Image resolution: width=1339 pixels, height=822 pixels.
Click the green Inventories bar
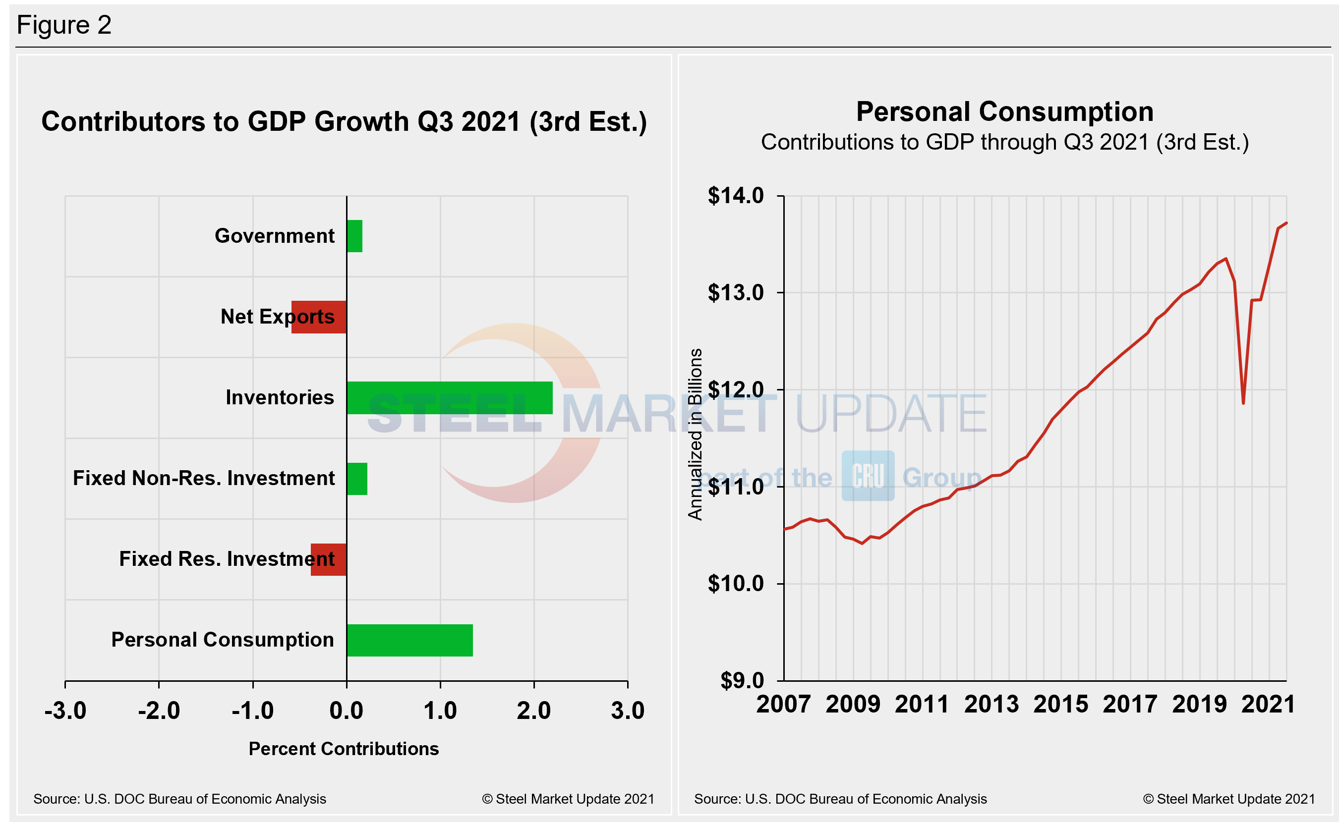tap(449, 397)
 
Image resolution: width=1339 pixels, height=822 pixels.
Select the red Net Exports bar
tap(319, 317)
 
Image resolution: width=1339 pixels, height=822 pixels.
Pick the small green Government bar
tap(354, 236)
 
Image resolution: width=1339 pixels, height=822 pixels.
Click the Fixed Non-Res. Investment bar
tap(357, 479)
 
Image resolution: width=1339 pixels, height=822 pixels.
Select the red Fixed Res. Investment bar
tap(329, 559)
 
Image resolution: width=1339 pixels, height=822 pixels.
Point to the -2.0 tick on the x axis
tap(159, 710)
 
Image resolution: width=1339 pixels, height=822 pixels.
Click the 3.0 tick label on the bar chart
tap(627, 710)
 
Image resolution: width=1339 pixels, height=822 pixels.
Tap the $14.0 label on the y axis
tap(735, 195)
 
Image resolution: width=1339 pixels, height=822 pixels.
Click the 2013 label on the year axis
tap(991, 704)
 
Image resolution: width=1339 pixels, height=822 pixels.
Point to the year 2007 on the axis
tap(783, 704)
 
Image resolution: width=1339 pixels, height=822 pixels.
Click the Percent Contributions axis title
tap(344, 749)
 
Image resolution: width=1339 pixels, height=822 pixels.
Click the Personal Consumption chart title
tap(1004, 112)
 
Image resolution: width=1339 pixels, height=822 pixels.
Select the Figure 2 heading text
tap(64, 25)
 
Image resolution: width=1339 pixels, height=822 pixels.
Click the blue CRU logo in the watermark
tap(868, 476)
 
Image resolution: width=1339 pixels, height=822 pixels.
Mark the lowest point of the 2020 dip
tap(1243, 403)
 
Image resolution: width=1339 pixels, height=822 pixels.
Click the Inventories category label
tap(280, 397)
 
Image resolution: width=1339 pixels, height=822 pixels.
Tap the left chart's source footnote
tap(179, 799)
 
